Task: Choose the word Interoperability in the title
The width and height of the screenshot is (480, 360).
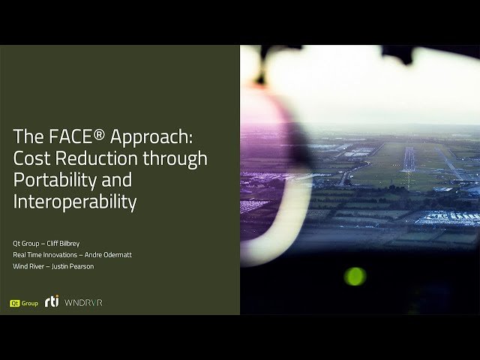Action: [74, 201]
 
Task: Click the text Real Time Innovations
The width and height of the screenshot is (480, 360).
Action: [41, 255]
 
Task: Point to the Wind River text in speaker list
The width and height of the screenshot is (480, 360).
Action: [28, 266]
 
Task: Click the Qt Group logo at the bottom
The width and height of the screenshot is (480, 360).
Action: [23, 303]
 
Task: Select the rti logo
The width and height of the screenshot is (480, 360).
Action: [52, 302]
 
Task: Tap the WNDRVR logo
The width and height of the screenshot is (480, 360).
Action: [83, 303]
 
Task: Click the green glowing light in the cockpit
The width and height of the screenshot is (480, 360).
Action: [355, 276]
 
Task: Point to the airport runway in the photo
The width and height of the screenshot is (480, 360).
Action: [409, 159]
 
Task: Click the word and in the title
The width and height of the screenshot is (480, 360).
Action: [118, 180]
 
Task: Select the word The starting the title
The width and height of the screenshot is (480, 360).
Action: [27, 137]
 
